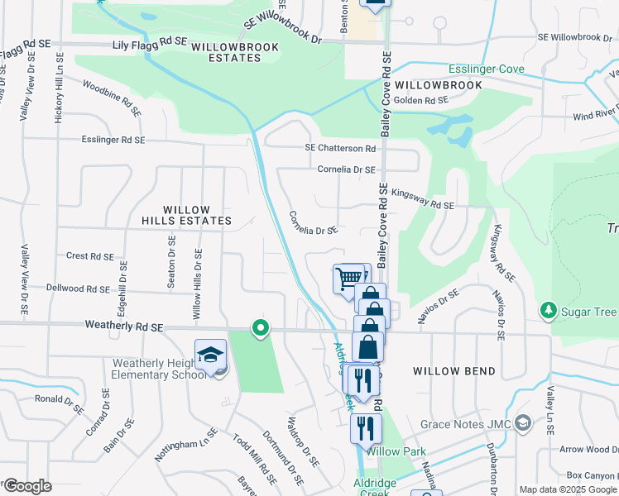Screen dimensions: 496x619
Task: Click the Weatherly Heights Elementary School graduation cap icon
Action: pos(210,355)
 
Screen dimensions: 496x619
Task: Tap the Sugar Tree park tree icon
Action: pos(548,311)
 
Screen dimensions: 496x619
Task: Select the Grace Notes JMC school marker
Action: pos(522,424)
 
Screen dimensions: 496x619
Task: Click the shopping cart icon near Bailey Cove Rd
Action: pos(350,278)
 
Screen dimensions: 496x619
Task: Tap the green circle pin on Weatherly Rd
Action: pos(261,329)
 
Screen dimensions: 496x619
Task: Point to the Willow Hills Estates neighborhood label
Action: pos(186,216)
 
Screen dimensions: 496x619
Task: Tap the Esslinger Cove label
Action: pos(487,69)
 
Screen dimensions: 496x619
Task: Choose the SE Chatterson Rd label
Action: pos(340,148)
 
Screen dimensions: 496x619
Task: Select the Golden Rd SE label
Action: pos(420,100)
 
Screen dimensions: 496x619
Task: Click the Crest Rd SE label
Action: pos(89,256)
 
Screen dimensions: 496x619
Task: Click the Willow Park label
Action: pos(396,451)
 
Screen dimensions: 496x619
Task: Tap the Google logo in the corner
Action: pos(27,486)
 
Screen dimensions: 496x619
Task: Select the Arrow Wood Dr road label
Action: pos(588,449)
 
